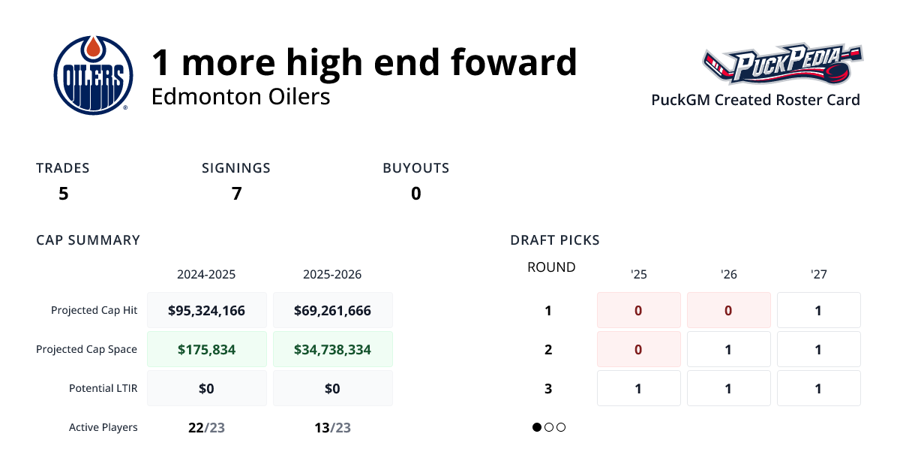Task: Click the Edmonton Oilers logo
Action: [93, 74]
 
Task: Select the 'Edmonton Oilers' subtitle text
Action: [241, 97]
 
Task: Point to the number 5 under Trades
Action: [63, 194]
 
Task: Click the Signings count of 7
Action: [236, 194]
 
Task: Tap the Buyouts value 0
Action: [415, 194]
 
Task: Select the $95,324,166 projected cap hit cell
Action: [206, 310]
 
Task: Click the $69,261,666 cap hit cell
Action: [332, 310]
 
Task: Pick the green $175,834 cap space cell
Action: [206, 349]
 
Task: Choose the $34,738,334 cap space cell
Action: [332, 349]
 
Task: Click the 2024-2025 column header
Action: [206, 275]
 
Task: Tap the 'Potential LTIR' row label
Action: [103, 388]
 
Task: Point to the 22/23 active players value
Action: [206, 428]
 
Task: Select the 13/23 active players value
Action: [332, 428]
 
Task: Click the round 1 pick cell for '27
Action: [818, 310]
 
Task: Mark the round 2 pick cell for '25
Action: [638, 349]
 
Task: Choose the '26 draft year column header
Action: [728, 275]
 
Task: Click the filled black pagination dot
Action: [537, 427]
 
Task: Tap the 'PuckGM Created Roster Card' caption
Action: [755, 100]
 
